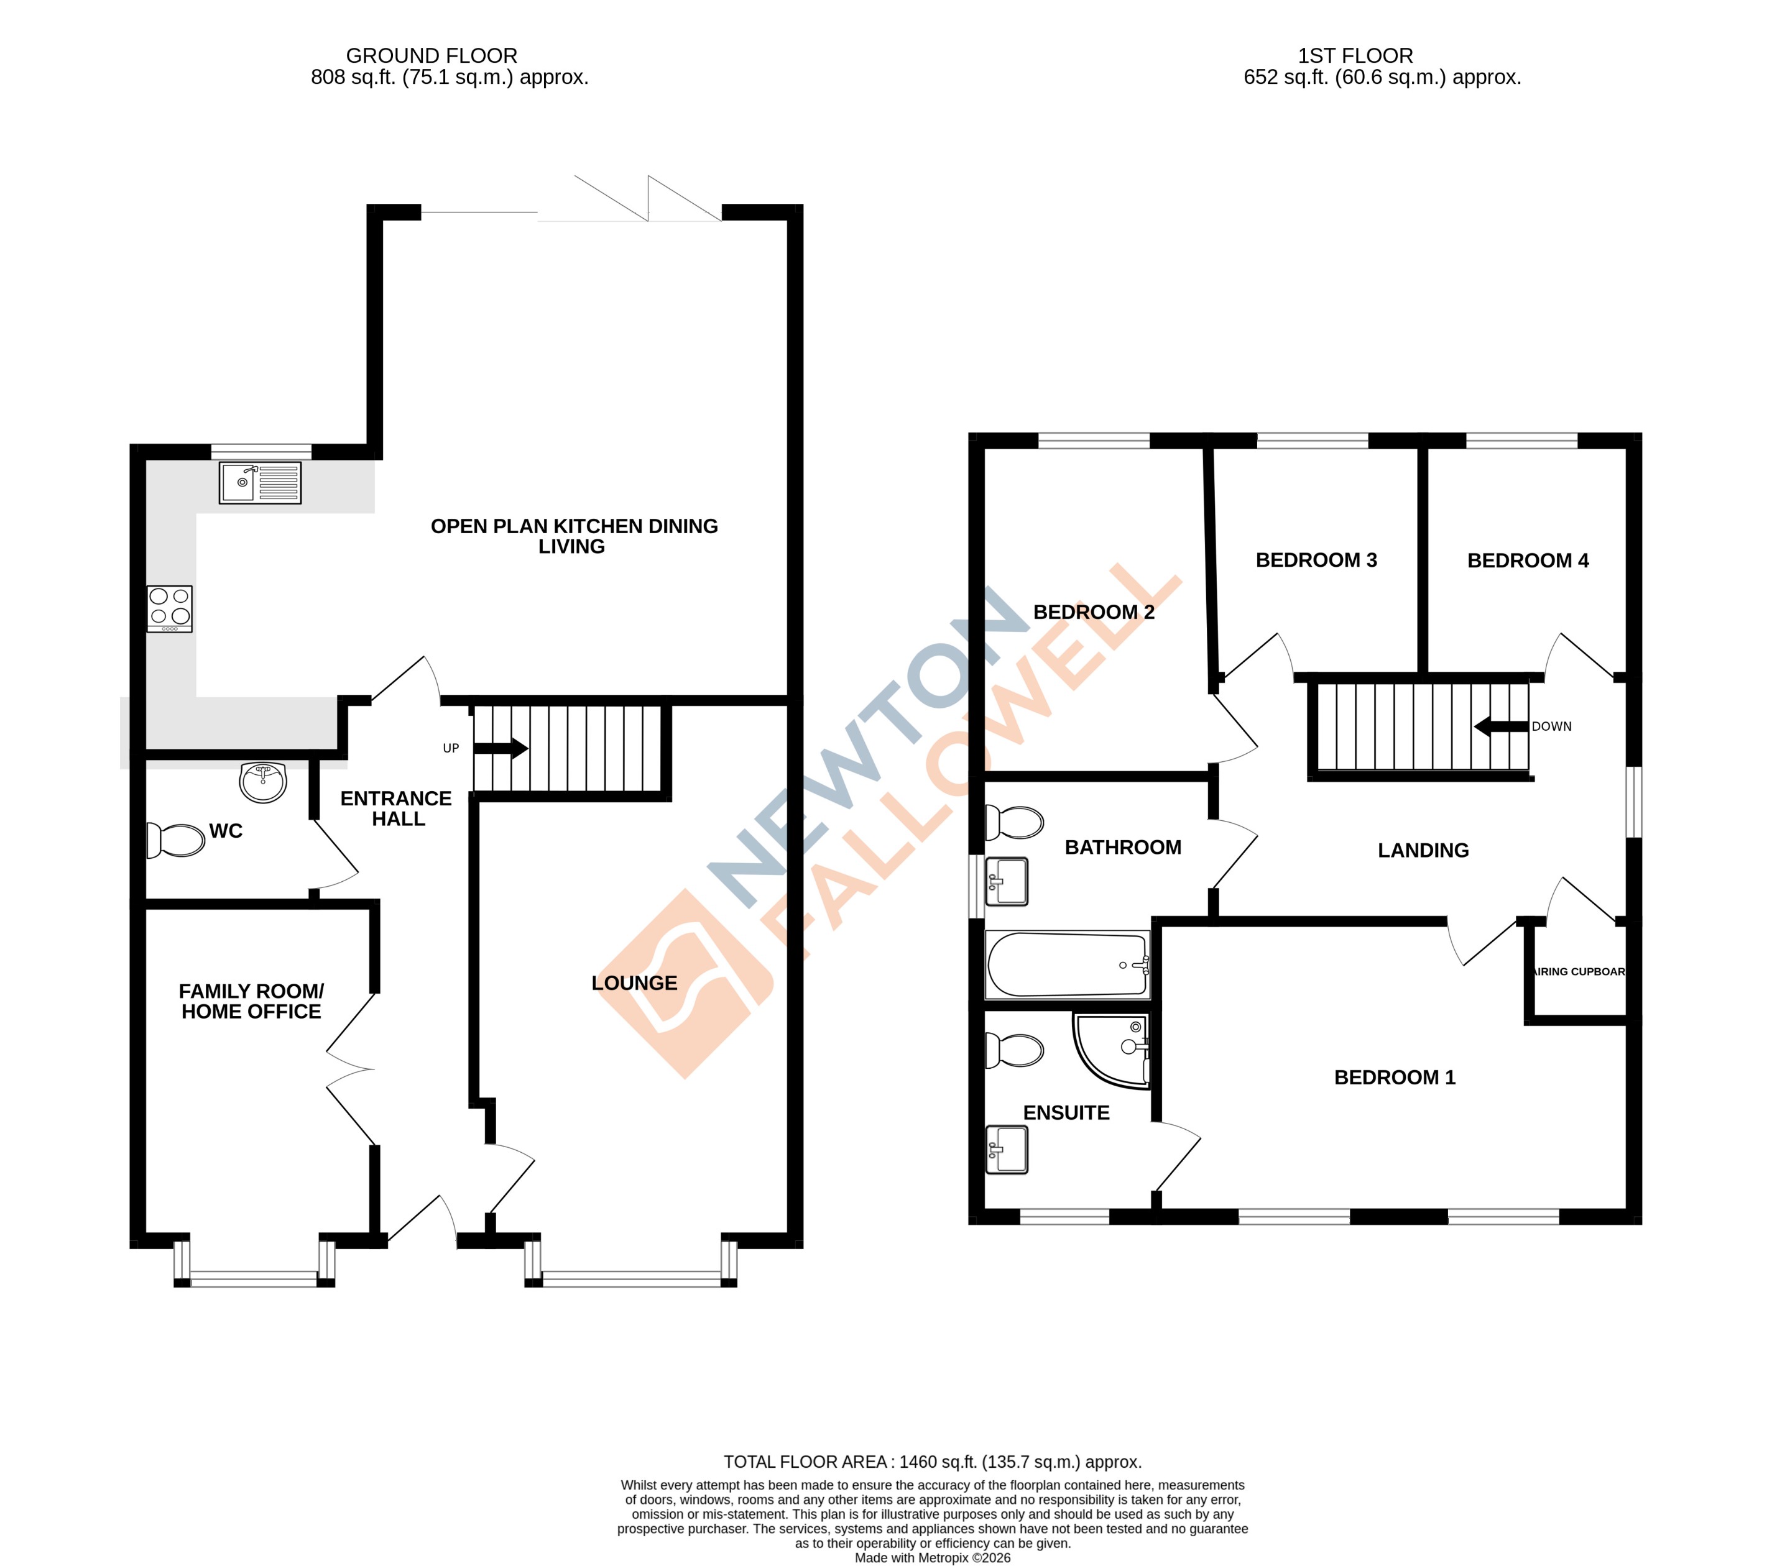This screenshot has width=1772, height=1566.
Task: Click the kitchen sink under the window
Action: [x=260, y=483]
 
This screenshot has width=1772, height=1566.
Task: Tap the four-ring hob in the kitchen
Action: [x=169, y=608]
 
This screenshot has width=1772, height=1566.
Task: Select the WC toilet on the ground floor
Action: [x=177, y=840]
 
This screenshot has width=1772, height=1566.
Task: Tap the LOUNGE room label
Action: [x=634, y=982]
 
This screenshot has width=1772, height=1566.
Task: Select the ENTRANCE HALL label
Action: [x=396, y=808]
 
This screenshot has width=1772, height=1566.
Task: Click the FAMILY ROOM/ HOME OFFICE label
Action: [x=251, y=1001]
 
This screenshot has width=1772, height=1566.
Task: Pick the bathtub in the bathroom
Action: [x=1067, y=964]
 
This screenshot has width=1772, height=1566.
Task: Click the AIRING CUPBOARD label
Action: [x=1578, y=971]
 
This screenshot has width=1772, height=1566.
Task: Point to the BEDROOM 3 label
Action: [x=1316, y=560]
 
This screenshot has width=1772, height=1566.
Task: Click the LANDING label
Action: [x=1423, y=850]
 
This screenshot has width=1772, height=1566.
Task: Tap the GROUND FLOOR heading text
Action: [x=431, y=55]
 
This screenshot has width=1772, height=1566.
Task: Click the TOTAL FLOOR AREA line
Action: [x=932, y=1462]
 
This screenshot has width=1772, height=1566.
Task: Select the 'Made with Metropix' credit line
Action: [x=932, y=1557]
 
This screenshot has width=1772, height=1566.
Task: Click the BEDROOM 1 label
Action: [x=1394, y=1077]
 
